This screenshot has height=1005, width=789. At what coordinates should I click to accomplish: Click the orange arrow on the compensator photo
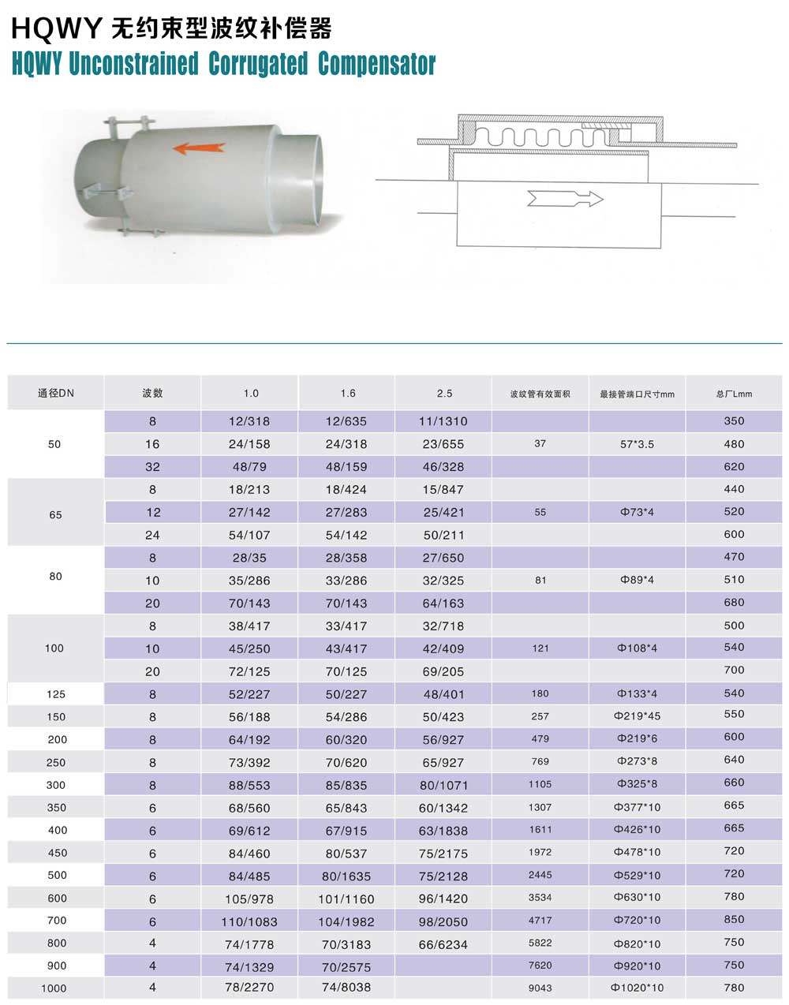pos(199,148)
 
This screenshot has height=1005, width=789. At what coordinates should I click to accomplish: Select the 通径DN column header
pos(55,393)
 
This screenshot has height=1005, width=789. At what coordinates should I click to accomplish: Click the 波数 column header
pos(152,393)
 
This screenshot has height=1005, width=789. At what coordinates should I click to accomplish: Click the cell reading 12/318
pos(249,421)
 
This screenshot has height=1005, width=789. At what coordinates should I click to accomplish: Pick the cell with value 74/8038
pos(346,987)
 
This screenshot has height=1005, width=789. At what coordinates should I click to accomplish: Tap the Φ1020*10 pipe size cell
pos(637,988)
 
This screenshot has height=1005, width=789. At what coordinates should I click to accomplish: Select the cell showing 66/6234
pos(443,944)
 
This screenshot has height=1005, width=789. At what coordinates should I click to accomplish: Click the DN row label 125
pos(55,694)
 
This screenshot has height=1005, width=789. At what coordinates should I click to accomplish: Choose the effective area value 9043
pos(540,988)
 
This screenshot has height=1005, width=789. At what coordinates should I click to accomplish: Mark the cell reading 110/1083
pos(249,921)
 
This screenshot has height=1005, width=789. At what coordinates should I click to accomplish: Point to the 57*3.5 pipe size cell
pos(637,444)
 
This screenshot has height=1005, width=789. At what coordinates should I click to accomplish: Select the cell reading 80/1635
pos(346,876)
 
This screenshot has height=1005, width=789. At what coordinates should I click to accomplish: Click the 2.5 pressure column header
pos(444,393)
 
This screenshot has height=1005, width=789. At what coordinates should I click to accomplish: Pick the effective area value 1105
pos(540,784)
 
